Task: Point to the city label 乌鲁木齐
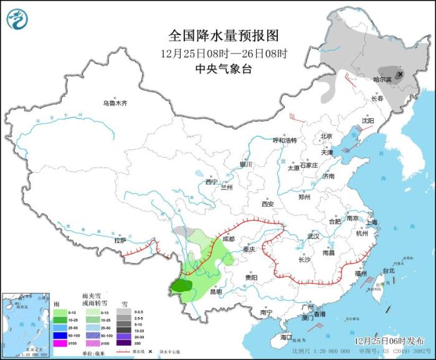[x=115, y=103]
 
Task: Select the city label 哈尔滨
[x=382, y=80]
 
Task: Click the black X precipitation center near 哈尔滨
[x=400, y=73]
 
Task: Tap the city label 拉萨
[x=120, y=240]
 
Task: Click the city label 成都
[x=227, y=239]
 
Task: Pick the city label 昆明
[x=215, y=291]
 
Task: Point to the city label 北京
[x=326, y=136]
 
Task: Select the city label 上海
[x=372, y=222]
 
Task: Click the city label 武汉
[x=313, y=236]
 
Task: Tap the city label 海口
[x=286, y=337]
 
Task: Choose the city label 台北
[x=388, y=271]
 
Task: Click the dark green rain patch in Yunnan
[x=181, y=286]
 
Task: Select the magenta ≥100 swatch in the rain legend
[x=60, y=343]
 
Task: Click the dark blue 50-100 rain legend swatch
[x=60, y=335]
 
